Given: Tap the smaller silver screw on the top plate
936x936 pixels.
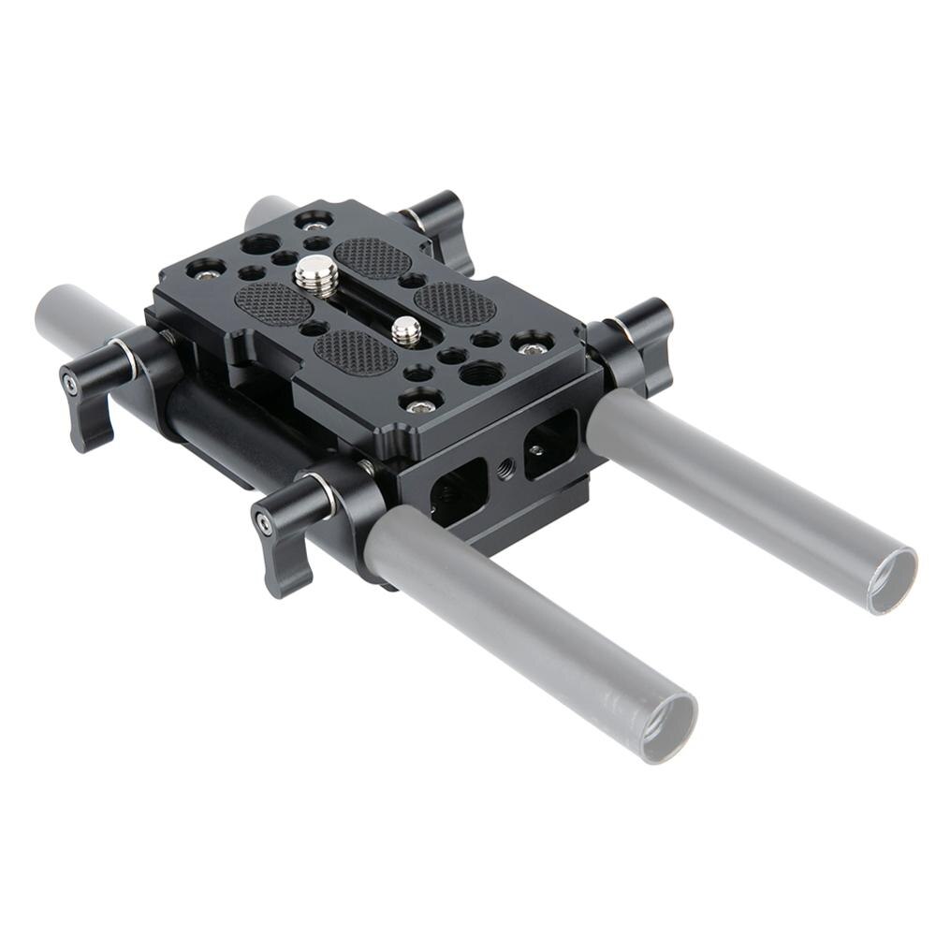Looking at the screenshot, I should [406, 329].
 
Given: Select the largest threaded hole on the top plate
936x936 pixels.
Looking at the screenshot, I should [481, 373].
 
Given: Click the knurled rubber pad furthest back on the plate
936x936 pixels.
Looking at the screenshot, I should [372, 256].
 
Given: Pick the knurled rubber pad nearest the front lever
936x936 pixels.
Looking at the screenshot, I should [356, 352].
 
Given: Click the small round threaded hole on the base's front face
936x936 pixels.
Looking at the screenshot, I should [505, 464].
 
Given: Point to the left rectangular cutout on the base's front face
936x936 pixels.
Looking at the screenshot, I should [459, 491].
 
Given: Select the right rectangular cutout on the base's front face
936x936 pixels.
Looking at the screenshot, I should [550, 442].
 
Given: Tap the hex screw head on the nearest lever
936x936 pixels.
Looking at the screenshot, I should [265, 522].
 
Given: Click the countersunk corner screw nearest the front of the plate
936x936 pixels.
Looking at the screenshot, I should [419, 402].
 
